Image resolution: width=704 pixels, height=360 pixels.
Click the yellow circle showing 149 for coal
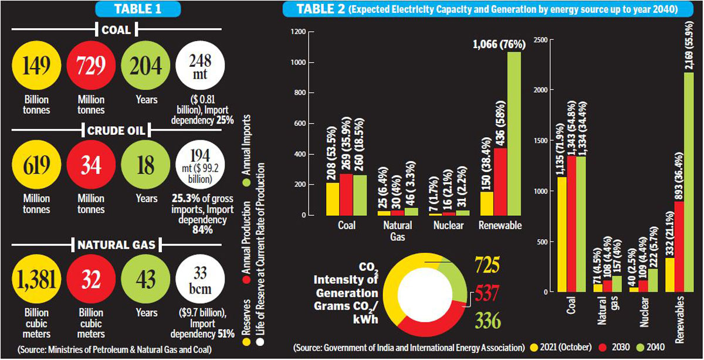(36, 66)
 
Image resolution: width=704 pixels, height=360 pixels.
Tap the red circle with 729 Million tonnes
(90, 66)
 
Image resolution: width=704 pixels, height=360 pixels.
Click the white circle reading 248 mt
(200, 66)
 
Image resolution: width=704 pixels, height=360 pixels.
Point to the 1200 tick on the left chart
(299, 31)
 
